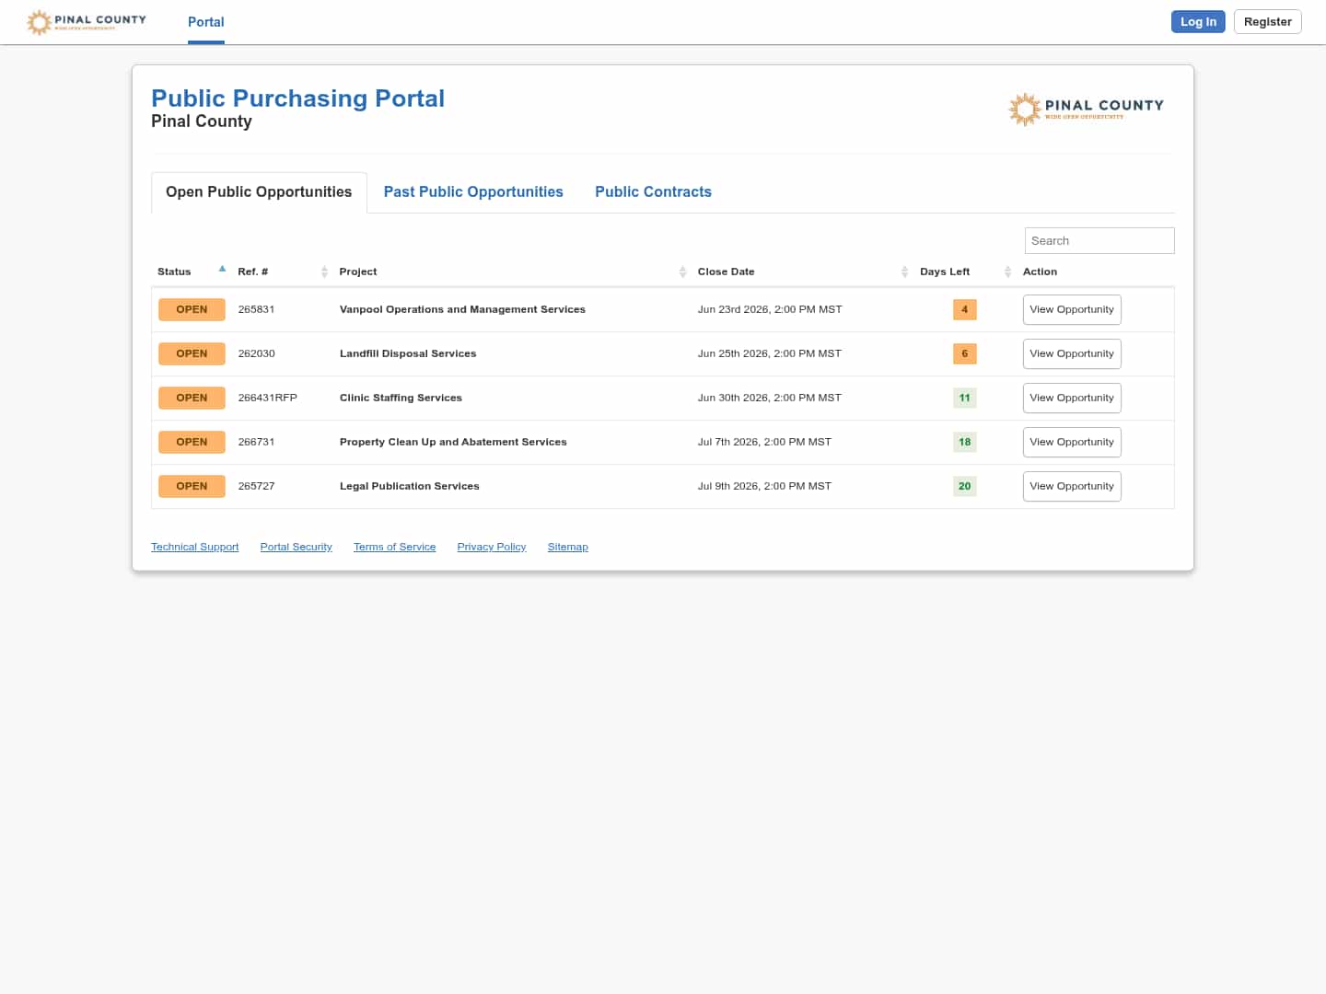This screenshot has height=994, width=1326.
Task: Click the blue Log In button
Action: [1197, 22]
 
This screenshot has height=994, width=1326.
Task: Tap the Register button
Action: [1267, 22]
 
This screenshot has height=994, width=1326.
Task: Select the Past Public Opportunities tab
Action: [473, 192]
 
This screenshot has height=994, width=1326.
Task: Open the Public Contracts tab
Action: [653, 192]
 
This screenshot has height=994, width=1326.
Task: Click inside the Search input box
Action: [1099, 241]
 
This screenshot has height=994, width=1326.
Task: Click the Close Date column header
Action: [726, 272]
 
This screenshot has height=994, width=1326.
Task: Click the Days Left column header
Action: [944, 272]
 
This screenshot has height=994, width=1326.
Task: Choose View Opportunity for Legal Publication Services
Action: [1071, 487]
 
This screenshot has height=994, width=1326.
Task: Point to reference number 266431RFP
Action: [267, 398]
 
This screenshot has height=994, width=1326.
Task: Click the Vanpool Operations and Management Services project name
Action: [462, 309]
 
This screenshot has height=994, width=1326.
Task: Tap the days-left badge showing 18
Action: [964, 442]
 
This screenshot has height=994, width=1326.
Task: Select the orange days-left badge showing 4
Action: [964, 309]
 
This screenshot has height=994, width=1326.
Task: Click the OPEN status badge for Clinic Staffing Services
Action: [192, 398]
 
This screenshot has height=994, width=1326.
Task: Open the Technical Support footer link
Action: [194, 547]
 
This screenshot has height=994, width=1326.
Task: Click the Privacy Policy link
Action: [491, 547]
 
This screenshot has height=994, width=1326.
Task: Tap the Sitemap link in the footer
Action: [567, 547]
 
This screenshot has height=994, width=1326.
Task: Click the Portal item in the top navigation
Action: [205, 22]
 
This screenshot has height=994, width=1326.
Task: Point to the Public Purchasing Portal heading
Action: [297, 98]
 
